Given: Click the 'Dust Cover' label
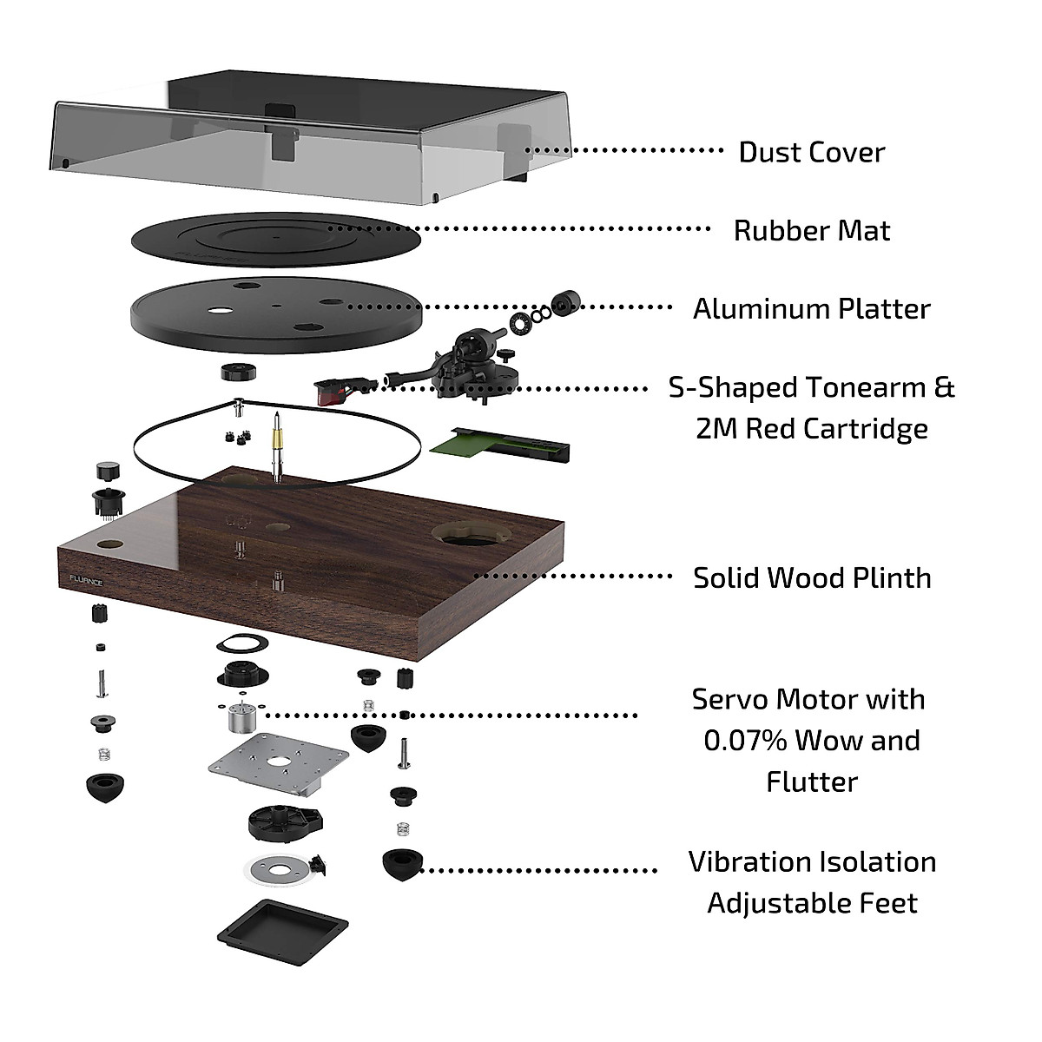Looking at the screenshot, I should tap(811, 152).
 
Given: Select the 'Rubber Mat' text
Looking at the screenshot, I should tap(811, 231).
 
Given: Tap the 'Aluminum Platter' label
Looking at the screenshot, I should tap(811, 309).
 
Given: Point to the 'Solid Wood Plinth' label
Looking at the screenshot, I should tap(811, 578).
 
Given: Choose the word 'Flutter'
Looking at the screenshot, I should tap(811, 781).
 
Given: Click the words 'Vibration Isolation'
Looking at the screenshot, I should tap(811, 862).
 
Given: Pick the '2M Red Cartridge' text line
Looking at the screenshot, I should tap(811, 429).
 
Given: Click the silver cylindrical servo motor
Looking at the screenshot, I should tap(241, 718).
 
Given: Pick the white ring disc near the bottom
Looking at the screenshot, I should tap(275, 869).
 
